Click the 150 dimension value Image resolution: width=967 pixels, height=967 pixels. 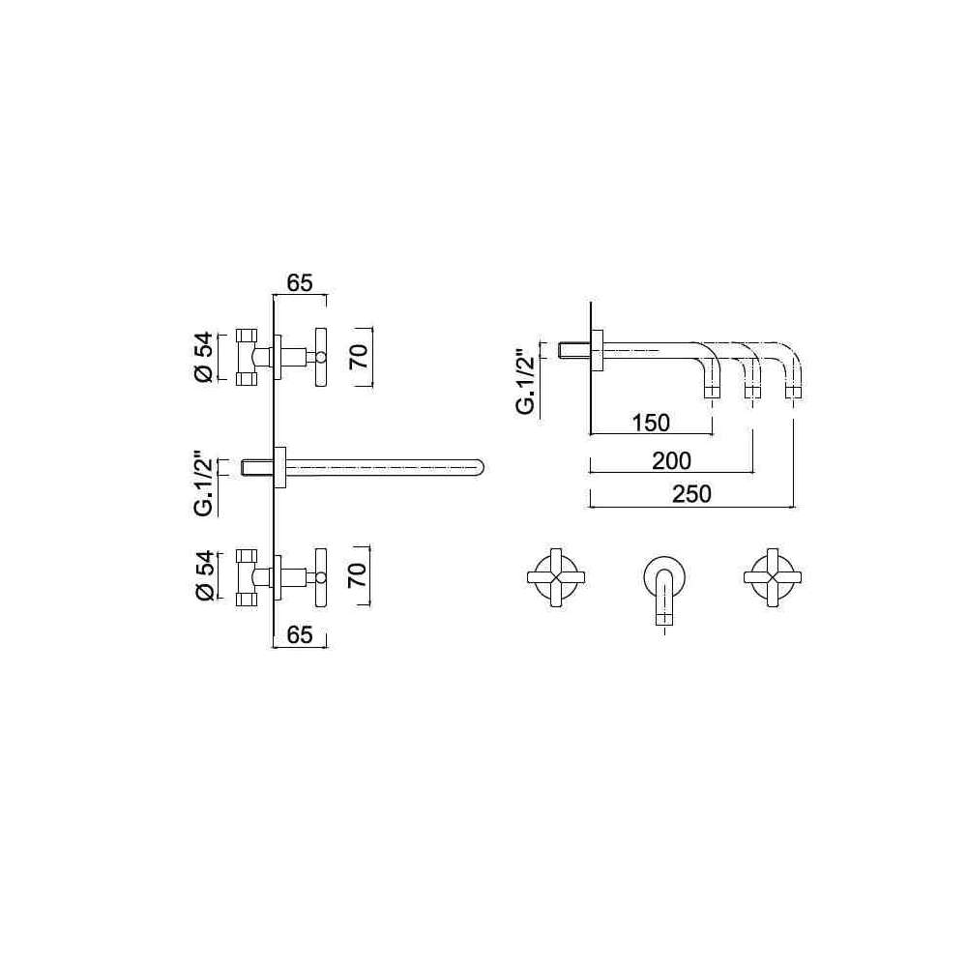point(651,423)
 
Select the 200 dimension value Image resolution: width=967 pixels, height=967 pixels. point(672,460)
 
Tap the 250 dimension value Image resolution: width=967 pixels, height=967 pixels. point(691,494)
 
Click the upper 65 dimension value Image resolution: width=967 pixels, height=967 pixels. point(300,282)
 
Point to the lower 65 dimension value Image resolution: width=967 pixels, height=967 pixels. point(300,634)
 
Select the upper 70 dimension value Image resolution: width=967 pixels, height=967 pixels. point(359,356)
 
